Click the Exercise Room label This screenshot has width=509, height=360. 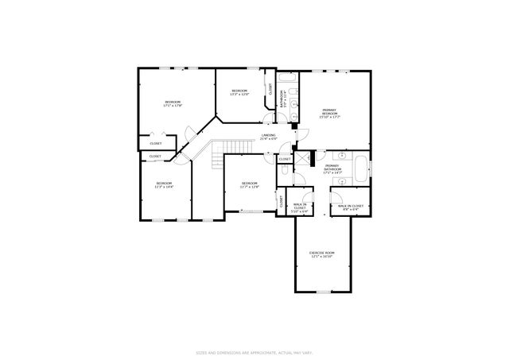click(x=322, y=254)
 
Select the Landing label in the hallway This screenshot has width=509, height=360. click(x=269, y=137)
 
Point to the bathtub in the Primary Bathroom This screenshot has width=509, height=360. click(x=359, y=169)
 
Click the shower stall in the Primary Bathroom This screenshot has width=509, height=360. click(x=303, y=158)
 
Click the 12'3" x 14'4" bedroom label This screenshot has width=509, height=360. click(x=164, y=185)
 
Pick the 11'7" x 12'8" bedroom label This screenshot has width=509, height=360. click(x=250, y=185)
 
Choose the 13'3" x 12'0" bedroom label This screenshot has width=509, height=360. click(x=240, y=93)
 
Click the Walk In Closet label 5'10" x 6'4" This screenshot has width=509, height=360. click(x=299, y=208)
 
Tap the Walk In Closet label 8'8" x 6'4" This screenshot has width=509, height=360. click(x=350, y=207)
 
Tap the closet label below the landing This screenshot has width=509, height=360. click(x=284, y=159)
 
